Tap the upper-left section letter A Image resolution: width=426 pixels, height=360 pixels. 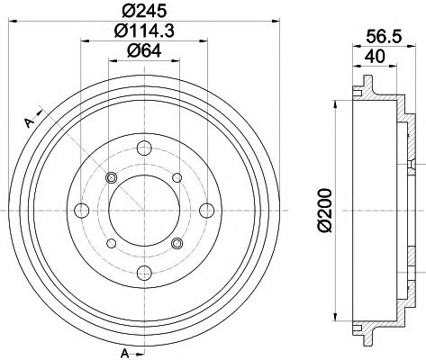[28, 122]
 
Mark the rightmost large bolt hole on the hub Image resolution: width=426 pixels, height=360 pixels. [205, 210]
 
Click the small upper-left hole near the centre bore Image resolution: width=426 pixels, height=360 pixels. [113, 177]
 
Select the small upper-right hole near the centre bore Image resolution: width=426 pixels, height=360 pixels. [177, 177]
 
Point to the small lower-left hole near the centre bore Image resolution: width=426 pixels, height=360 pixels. [113, 242]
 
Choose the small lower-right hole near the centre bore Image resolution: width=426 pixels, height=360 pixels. [177, 242]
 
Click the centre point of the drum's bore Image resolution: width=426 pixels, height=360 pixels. [144, 210]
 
